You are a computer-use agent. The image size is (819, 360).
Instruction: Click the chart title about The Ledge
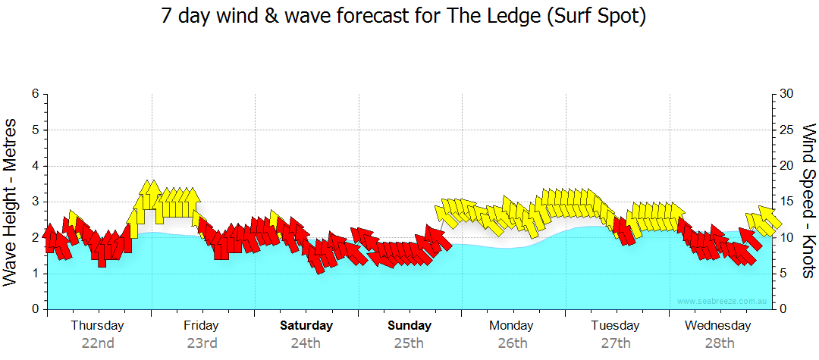coord(403,16)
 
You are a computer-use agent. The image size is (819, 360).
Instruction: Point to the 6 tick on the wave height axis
coord(35,94)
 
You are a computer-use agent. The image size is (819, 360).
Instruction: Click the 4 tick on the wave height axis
coord(35,166)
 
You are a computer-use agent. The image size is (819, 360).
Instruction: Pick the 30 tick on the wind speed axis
coord(787,94)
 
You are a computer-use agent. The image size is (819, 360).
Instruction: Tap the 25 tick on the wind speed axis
coord(787,130)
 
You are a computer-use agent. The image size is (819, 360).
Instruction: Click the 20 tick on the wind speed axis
coord(787,166)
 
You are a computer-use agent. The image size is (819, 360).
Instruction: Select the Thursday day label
coord(98,326)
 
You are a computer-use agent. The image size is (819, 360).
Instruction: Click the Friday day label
coord(201,326)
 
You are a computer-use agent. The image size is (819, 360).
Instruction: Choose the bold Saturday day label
coord(306,326)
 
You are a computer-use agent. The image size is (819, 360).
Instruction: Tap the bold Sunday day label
coord(409,326)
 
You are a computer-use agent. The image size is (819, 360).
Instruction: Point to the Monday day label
coord(511,326)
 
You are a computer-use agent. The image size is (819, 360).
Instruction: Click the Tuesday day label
coord(615,326)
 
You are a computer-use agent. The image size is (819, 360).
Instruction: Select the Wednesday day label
coord(717,326)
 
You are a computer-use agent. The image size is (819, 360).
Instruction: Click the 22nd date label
coord(98,343)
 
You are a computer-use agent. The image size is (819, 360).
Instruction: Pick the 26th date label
coord(512,343)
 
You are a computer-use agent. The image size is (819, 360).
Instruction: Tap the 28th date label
coord(719,343)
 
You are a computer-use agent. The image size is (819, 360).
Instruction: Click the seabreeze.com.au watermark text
coord(722,302)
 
